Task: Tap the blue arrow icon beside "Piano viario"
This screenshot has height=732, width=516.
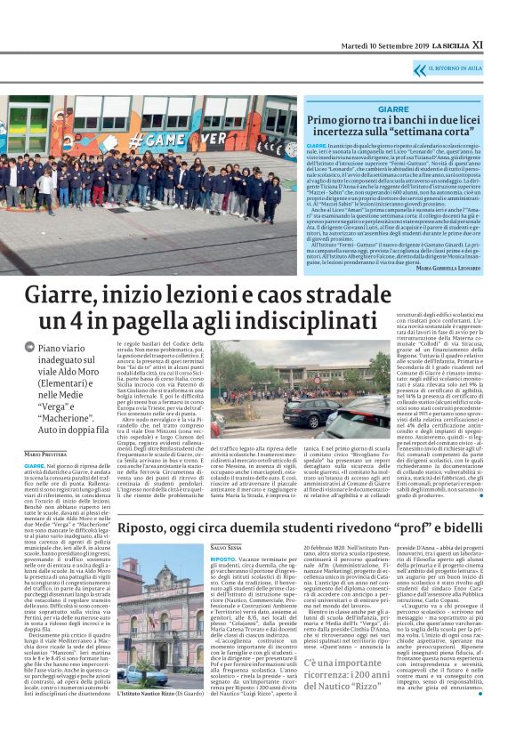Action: pos(29,351)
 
